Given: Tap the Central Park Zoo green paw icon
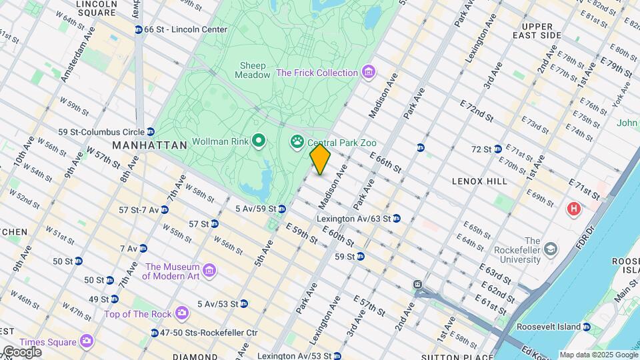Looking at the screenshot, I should pos(295,141).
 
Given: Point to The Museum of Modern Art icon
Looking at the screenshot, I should pos(209,271).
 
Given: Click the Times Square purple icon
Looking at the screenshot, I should pos(86,341).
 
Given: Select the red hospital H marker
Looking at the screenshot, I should pos(573,209).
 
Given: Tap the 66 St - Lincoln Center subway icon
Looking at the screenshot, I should pos(138,29).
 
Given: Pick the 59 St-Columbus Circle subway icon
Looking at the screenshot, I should pos(151,131).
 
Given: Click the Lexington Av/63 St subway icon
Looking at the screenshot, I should pos(396,218).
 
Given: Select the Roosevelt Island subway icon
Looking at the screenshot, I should pos(585,327).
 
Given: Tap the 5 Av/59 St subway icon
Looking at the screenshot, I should pos(282,209).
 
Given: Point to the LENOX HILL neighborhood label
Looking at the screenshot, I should pos(479,181).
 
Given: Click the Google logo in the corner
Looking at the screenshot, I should pos(21,351).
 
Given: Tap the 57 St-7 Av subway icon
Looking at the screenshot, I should pos(164,209).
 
